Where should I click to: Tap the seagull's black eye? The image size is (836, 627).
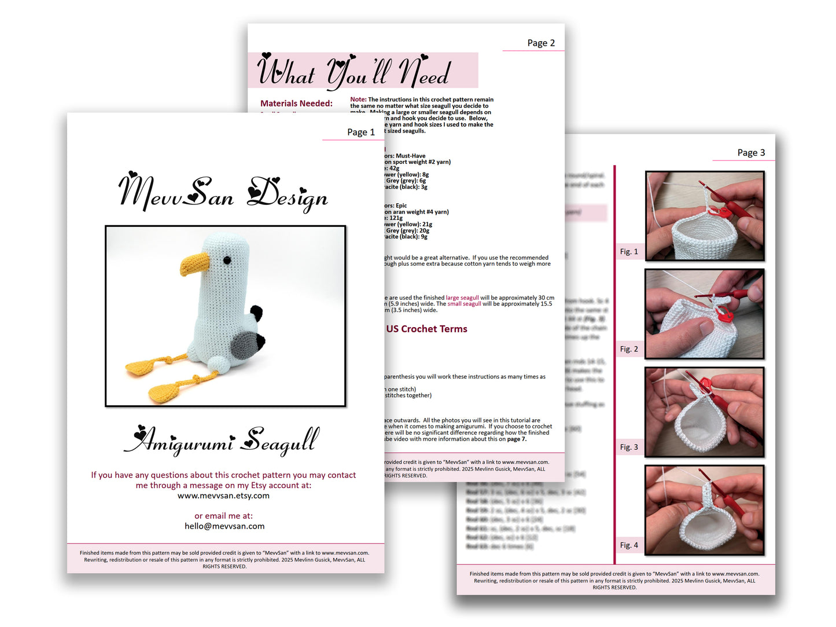point(227,261)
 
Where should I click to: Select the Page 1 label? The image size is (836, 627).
point(360,132)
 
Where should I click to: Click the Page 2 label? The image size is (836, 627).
point(540,43)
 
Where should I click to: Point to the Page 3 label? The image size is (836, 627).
point(750,152)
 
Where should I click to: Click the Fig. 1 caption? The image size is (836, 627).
point(628,251)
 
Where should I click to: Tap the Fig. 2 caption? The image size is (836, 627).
point(628,349)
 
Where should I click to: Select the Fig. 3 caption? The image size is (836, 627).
point(628,447)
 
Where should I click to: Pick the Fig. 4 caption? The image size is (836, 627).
point(628,545)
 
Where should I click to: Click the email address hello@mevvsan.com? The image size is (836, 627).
point(224,526)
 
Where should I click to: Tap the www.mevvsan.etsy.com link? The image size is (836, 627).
point(223,496)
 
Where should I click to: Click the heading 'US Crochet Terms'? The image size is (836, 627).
point(426,329)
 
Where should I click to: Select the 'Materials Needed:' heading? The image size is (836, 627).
point(296,104)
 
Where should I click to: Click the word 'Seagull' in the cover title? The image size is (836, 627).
point(280,442)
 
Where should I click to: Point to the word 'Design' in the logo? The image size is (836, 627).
point(288,194)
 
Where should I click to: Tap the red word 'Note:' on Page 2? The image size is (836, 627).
point(358,100)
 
